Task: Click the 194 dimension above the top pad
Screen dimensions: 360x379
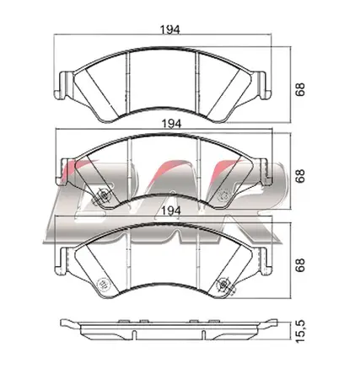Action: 169,29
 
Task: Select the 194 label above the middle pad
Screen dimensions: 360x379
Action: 171,124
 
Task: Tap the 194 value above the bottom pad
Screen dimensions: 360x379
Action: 171,211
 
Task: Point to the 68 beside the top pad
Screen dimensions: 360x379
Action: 300,90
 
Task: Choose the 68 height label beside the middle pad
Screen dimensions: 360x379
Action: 300,176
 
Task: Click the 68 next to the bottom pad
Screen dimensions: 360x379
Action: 300,264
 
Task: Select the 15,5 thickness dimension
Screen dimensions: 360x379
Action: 300,332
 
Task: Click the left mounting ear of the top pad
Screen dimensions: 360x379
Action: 63,85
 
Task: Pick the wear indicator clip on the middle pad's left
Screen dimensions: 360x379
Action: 103,195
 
